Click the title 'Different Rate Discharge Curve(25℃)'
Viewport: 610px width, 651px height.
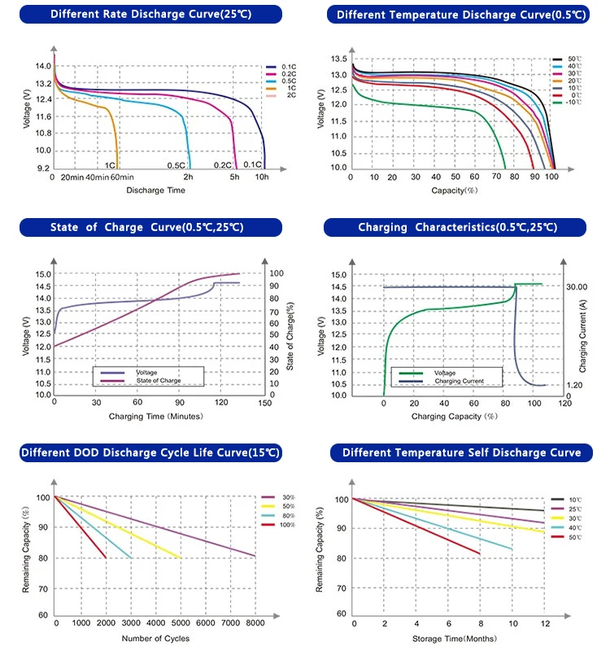[x=150, y=14]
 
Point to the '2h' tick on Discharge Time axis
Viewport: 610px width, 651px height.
[x=189, y=177]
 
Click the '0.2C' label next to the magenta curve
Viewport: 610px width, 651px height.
[x=222, y=165]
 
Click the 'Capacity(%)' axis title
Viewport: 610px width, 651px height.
[x=455, y=190]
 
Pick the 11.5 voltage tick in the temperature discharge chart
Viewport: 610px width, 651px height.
[x=338, y=121]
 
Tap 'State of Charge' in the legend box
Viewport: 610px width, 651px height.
[x=159, y=380]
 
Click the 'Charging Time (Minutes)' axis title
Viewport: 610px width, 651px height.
[x=155, y=417]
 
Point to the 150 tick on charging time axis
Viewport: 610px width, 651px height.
[x=265, y=403]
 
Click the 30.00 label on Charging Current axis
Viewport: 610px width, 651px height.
[x=577, y=287]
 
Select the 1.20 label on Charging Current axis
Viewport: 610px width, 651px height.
[x=575, y=385]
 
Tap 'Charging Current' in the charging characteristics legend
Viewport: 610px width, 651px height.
[x=460, y=381]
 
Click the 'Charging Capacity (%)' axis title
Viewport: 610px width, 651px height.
[x=455, y=417]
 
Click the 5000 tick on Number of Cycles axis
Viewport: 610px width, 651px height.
[x=181, y=623]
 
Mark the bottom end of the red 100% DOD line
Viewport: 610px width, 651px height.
[x=107, y=557]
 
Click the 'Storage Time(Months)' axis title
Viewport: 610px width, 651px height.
[x=455, y=639]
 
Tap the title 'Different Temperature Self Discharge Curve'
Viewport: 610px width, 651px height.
[x=461, y=452]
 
